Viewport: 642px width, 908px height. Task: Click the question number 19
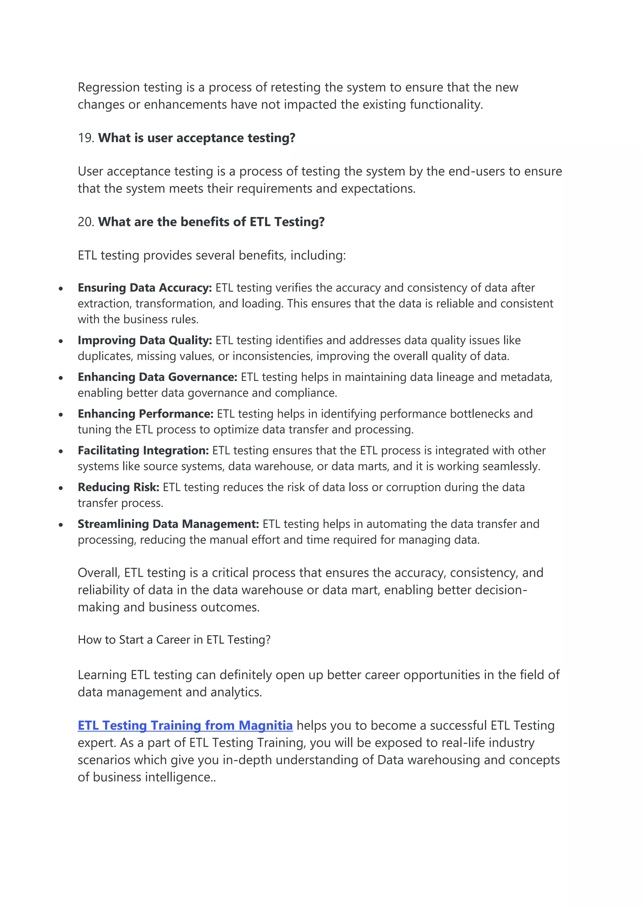tap(85, 138)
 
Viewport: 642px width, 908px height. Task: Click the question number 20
tap(85, 222)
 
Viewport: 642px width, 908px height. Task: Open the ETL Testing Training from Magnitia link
tap(185, 725)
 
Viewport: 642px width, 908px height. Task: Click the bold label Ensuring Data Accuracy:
tap(145, 288)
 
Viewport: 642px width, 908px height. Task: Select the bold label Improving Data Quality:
tap(145, 340)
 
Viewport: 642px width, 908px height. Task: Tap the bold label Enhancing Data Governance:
tap(157, 377)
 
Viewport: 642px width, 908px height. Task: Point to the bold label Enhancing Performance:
tap(145, 414)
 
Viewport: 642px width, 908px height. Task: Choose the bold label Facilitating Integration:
tap(143, 451)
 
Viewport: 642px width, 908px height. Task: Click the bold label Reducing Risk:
tap(118, 488)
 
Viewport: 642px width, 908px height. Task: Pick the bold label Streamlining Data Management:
tap(168, 525)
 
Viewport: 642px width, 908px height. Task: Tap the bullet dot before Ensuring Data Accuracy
tap(61, 289)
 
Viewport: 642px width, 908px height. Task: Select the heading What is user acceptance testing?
tap(197, 138)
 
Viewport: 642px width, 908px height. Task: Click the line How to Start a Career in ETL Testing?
tap(174, 640)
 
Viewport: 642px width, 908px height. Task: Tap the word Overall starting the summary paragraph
tap(99, 573)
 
